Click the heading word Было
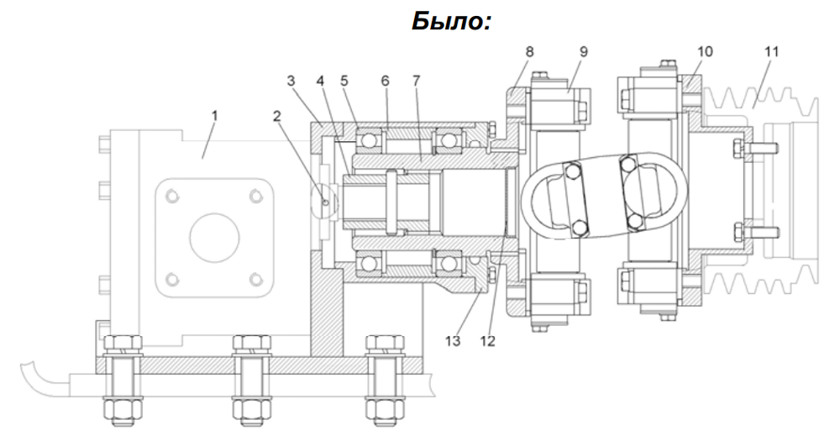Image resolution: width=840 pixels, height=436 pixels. point(450,22)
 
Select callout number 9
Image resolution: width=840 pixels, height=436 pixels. point(705,52)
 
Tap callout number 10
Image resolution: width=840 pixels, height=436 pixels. point(770,52)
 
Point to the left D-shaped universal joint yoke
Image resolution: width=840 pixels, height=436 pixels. point(648,193)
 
